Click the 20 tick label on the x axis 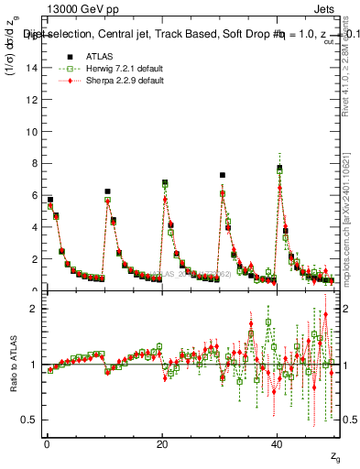click(162, 444)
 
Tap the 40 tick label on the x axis click(278, 444)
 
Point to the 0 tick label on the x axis click(47, 444)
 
